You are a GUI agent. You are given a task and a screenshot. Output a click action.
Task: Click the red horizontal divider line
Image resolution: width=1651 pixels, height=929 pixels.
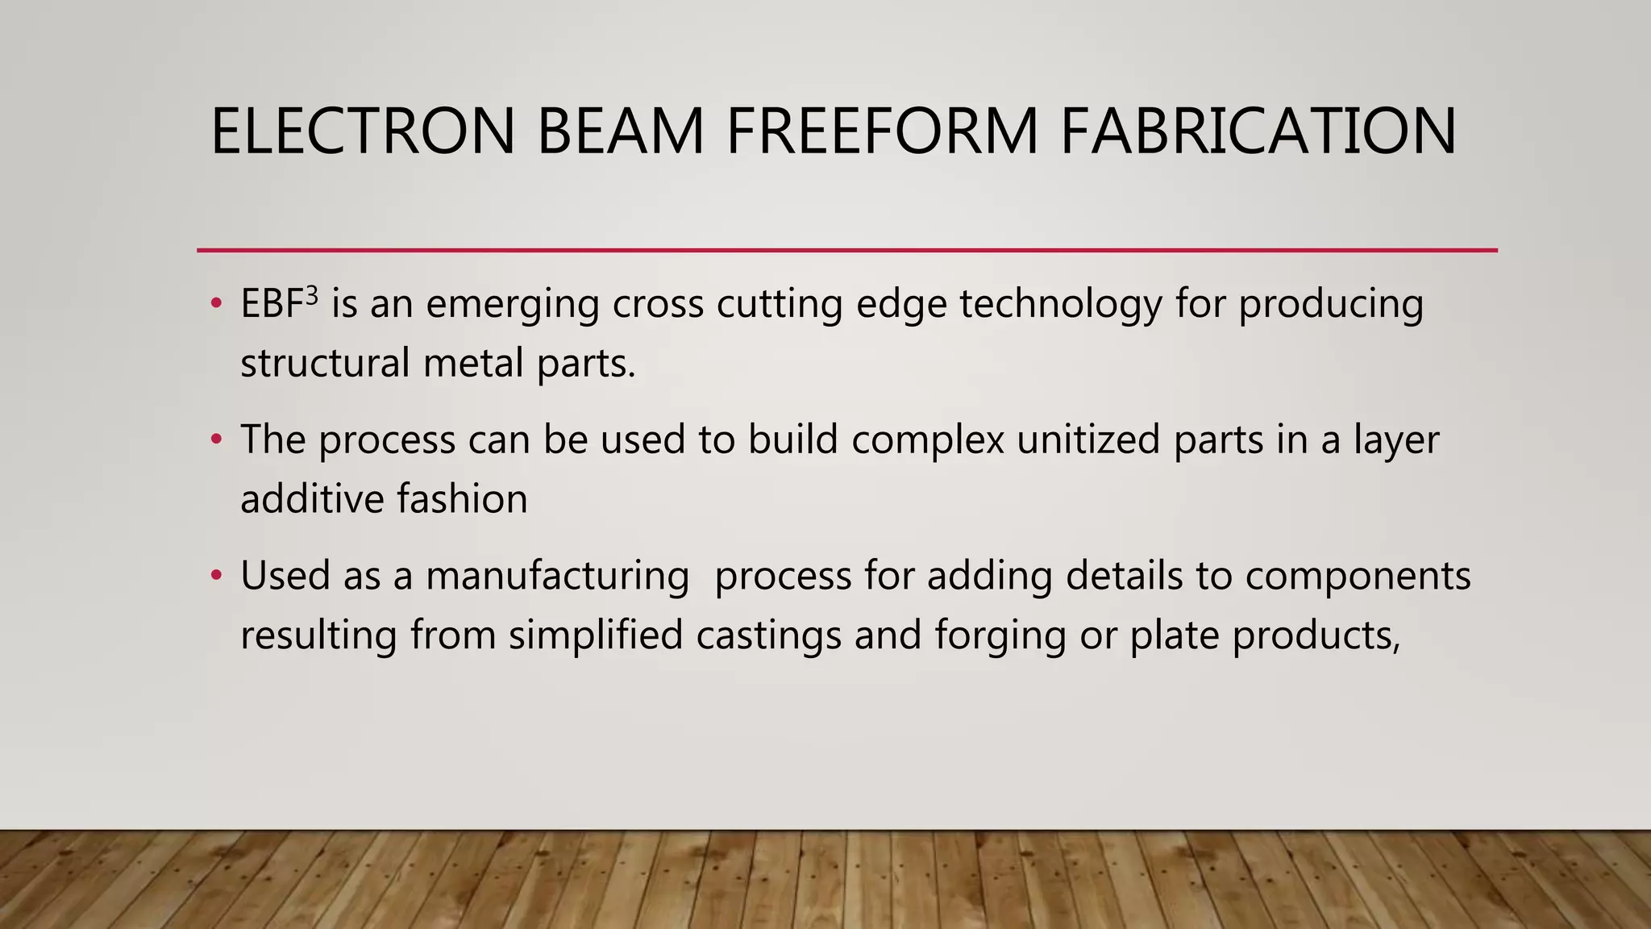click(x=846, y=251)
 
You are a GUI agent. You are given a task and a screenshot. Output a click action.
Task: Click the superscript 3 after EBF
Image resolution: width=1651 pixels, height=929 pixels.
click(x=312, y=295)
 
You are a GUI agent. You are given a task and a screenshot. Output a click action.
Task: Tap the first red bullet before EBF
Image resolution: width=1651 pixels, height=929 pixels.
click(x=215, y=305)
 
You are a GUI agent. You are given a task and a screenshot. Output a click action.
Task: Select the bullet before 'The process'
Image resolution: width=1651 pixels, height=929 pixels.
click(x=215, y=440)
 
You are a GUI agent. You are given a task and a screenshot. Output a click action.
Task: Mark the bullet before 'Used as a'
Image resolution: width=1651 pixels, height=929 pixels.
click(x=215, y=576)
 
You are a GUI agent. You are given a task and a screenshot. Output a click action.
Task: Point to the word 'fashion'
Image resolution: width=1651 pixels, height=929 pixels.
click(x=462, y=498)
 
